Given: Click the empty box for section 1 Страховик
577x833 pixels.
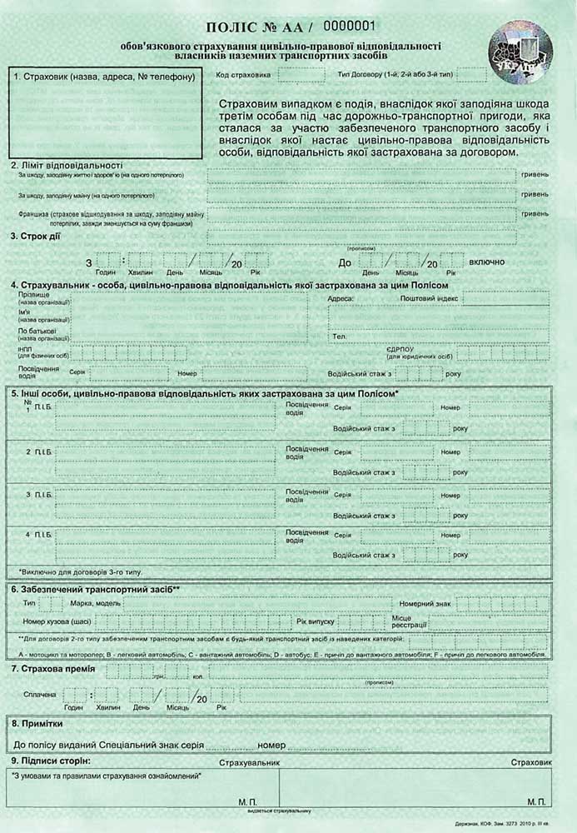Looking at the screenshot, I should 106,114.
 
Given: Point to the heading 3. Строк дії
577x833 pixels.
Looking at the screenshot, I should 35,236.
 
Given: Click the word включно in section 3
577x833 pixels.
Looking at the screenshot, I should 487,262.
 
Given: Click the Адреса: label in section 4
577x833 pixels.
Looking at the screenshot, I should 342,298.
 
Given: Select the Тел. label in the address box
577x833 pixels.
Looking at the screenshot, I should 339,337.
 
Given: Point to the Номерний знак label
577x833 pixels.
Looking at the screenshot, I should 426,603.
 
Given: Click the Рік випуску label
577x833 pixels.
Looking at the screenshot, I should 315,621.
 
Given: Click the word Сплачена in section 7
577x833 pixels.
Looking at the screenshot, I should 34,694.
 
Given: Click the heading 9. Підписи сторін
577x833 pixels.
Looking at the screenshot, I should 51,761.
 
